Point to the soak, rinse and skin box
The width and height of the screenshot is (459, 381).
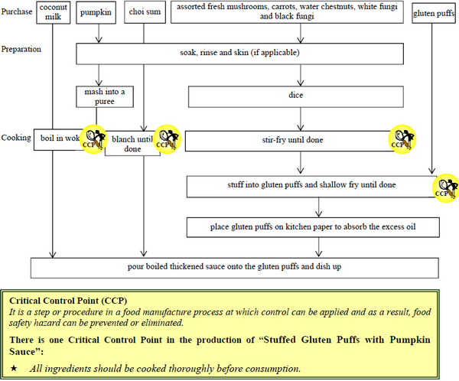pyautogui.click(x=239, y=54)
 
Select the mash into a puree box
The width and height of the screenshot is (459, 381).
pyautogui.click(x=105, y=97)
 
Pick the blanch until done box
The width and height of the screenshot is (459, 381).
pyautogui.click(x=132, y=144)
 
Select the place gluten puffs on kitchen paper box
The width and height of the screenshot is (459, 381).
pyautogui.click(x=314, y=227)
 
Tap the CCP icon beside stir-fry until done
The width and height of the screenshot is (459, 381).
pyautogui.click(x=402, y=138)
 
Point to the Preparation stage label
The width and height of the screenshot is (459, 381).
pyautogui.click(x=21, y=49)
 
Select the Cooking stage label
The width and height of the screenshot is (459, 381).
pyautogui.click(x=16, y=137)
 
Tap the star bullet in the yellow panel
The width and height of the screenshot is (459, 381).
pyautogui.click(x=14, y=369)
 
